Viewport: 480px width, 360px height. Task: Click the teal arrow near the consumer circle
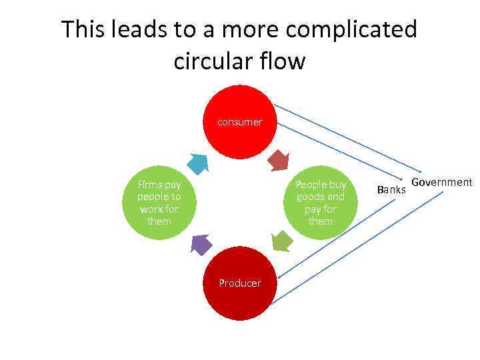click(198, 163)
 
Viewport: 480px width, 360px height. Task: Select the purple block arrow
click(201, 244)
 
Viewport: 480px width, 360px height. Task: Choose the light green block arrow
click(282, 241)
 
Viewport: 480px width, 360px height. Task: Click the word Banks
click(391, 190)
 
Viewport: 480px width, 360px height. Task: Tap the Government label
click(441, 183)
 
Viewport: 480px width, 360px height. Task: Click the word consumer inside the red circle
click(239, 122)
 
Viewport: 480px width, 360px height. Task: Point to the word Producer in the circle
click(240, 283)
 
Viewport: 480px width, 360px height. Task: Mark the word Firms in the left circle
click(150, 184)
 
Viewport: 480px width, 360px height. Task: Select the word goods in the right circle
click(311, 197)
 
